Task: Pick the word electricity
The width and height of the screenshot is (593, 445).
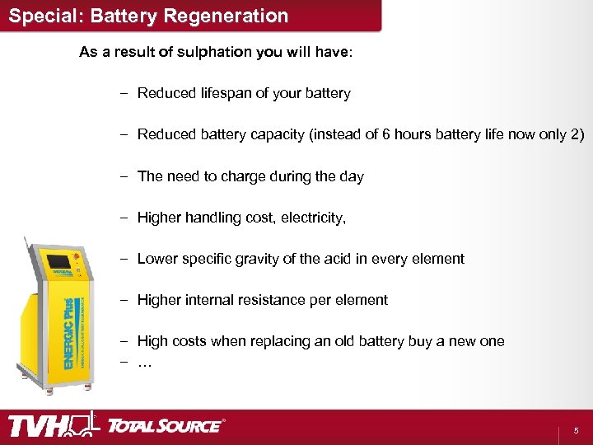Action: coord(314,218)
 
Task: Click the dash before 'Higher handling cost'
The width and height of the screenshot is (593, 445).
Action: coord(123,218)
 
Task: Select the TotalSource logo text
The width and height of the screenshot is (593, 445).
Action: coord(165,426)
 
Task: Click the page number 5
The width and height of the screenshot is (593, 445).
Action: coord(577,430)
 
